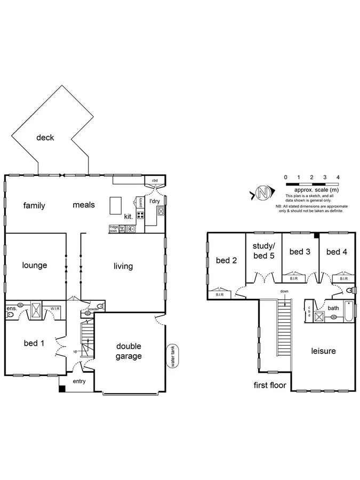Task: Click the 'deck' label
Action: point(45,138)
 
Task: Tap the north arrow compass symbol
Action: point(262,193)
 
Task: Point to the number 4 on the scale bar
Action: point(338,177)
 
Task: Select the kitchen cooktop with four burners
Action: point(141,215)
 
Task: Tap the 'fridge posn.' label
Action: point(114,228)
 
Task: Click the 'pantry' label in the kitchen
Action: point(140,202)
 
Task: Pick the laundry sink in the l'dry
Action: point(161,211)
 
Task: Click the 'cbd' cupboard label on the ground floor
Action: point(155,180)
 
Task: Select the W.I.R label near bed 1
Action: point(55,308)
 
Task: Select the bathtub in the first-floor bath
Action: point(348,311)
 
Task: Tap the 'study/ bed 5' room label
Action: point(263,250)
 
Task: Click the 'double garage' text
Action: point(129,351)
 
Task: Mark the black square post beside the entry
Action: point(62,389)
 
